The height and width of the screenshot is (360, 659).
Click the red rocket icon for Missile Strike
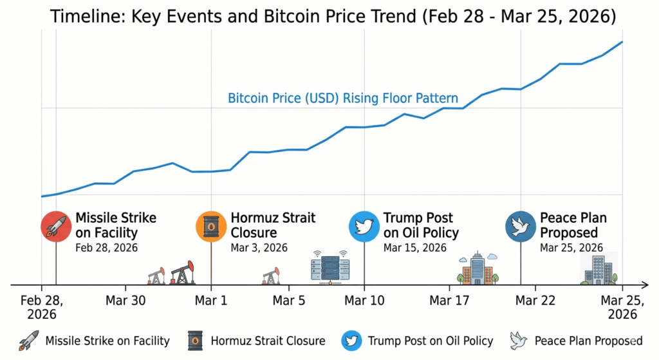pos(56,226)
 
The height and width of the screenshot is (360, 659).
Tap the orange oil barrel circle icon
pos(210,226)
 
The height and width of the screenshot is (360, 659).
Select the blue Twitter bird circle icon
pos(364,226)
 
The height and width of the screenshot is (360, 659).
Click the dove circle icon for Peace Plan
pos(521,226)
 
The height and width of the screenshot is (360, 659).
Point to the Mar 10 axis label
pos(364,301)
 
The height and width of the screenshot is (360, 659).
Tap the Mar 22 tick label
pos(535,301)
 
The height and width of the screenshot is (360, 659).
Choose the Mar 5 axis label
pos(289,301)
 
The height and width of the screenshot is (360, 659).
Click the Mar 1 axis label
pos(211,301)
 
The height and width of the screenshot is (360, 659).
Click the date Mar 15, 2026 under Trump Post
pos(414,247)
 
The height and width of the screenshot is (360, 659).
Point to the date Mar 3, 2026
pos(259,247)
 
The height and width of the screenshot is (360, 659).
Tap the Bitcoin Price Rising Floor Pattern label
pos(343,99)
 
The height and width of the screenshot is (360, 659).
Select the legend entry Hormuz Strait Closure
pos(268,341)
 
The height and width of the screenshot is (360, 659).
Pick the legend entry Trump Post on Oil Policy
pos(430,341)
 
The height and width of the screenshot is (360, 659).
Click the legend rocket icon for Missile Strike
pos(28,341)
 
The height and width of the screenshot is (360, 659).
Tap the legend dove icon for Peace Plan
pos(519,341)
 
